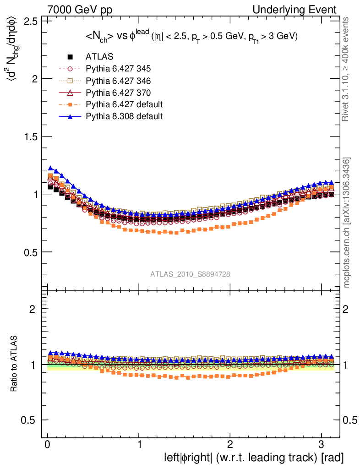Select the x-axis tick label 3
(320, 444)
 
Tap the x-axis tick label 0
(48, 444)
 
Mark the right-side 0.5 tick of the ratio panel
(350, 420)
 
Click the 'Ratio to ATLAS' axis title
(14, 364)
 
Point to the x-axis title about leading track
(254, 458)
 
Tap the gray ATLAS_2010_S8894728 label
(190, 274)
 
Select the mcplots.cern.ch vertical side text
(347, 223)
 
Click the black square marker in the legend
(70, 57)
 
